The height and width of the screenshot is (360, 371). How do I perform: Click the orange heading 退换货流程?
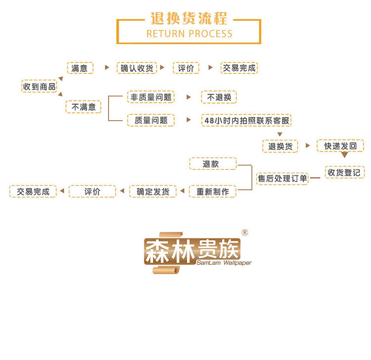pos(189,18)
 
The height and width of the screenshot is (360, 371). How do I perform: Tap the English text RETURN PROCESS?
pos(189,34)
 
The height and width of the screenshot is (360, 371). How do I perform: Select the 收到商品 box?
pos(39,87)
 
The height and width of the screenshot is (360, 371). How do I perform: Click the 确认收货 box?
pos(137,68)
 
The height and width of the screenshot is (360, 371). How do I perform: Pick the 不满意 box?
pos(84,107)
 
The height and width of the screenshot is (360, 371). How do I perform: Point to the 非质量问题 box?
pos(151,97)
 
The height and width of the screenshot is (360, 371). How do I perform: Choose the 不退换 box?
pos(219,97)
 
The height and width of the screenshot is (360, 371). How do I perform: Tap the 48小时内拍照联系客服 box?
pos(246,120)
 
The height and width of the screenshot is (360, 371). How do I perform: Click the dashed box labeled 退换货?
pos(280,146)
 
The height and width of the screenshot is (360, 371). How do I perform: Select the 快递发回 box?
pos(340,146)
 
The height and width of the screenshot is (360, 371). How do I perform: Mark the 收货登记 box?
pos(344,173)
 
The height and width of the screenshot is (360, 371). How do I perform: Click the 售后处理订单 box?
pos(282,179)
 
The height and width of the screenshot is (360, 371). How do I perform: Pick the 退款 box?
pos(213,164)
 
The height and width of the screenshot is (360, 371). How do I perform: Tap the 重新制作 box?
pos(213,191)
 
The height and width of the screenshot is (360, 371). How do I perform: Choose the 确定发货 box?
pos(153,191)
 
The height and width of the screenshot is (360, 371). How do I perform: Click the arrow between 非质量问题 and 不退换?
pos(188,97)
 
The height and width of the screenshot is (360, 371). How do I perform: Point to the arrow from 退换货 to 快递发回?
pos(308,145)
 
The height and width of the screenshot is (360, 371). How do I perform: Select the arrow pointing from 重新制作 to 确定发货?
pos(183,191)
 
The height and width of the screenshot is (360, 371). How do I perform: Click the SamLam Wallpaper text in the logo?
pos(224,263)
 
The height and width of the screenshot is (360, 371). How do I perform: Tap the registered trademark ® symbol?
pos(245,232)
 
